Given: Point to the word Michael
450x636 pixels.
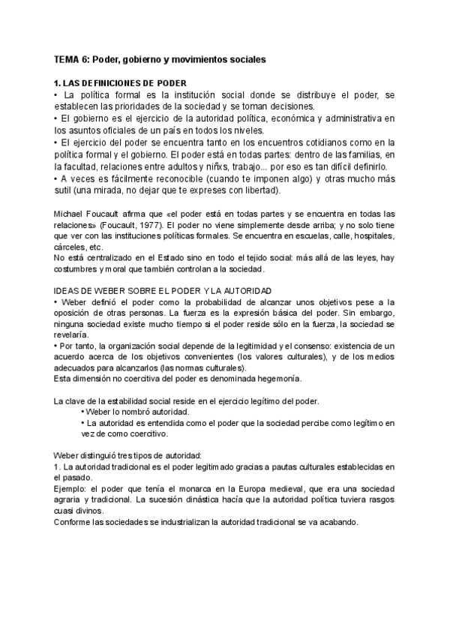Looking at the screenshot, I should click(x=70, y=214).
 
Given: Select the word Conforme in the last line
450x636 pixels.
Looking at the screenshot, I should click(x=73, y=522).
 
